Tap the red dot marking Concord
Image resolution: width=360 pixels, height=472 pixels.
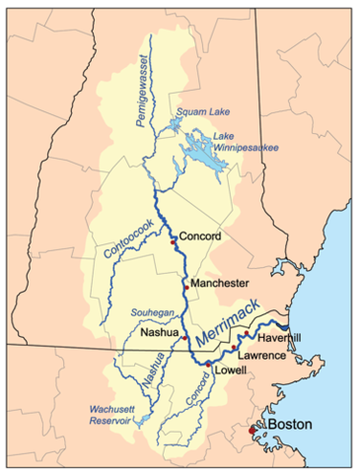174,241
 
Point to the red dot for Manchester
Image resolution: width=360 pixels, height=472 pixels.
184,284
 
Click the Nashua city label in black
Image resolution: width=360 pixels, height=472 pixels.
160,333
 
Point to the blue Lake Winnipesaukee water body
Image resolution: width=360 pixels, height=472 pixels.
203,150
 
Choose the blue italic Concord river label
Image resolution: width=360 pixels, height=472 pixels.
197,394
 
